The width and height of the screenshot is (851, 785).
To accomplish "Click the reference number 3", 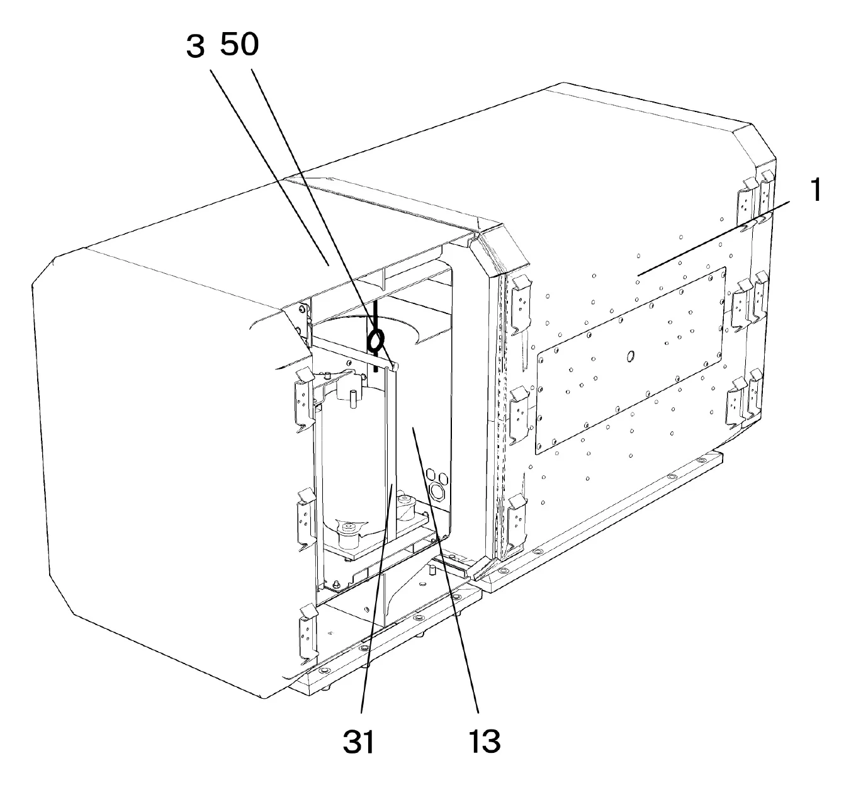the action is (x=195, y=47).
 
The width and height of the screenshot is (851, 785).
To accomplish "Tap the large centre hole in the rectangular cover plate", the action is (x=630, y=356).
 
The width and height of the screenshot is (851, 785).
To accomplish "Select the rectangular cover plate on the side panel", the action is (x=630, y=361).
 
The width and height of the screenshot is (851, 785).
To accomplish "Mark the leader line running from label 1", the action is (x=713, y=239).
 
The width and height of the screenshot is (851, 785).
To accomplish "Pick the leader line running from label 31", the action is (x=377, y=598).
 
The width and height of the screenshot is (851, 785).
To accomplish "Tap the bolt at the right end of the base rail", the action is (x=701, y=460).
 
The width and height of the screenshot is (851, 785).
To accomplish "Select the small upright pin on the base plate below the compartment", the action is (x=432, y=569).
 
